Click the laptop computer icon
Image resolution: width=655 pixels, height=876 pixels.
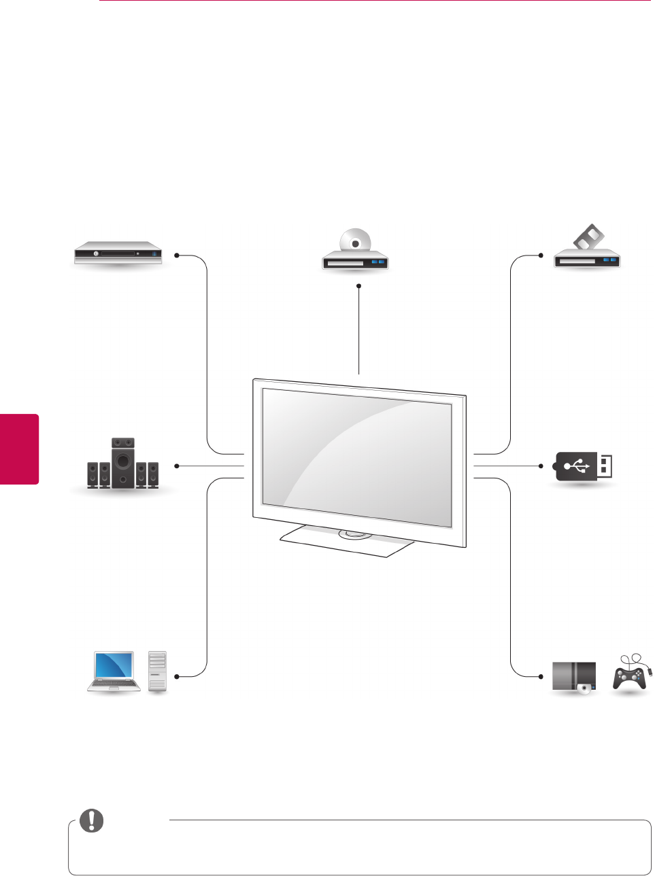(114, 671)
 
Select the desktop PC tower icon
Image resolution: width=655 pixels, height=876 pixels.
(157, 671)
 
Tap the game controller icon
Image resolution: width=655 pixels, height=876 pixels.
(630, 676)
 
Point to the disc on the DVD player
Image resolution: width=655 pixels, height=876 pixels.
(356, 242)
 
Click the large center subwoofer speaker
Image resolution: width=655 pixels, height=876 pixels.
(123, 461)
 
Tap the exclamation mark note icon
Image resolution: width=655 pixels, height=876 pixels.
(92, 821)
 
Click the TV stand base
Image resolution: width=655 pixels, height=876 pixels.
(347, 540)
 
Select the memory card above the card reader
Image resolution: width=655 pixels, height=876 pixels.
(589, 238)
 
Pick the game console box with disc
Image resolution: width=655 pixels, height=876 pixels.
(574, 678)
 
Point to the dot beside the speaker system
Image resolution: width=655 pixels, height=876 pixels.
(176, 466)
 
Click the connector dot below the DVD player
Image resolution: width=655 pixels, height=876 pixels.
(358, 285)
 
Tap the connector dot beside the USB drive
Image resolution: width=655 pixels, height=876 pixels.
(541, 466)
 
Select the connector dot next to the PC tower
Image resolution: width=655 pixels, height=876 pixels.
(176, 676)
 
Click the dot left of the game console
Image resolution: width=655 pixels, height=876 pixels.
(541, 676)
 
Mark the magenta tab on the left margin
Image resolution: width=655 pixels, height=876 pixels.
(19, 449)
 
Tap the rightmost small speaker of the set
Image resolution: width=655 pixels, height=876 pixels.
(153, 474)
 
